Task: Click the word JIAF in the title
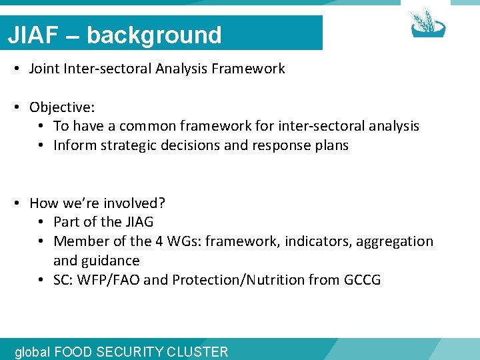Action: point(32,35)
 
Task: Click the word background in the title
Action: point(154,35)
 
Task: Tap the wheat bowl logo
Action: point(427,23)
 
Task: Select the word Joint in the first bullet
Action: point(45,69)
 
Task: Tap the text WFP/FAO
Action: point(109,280)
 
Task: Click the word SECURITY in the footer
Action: point(136,352)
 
